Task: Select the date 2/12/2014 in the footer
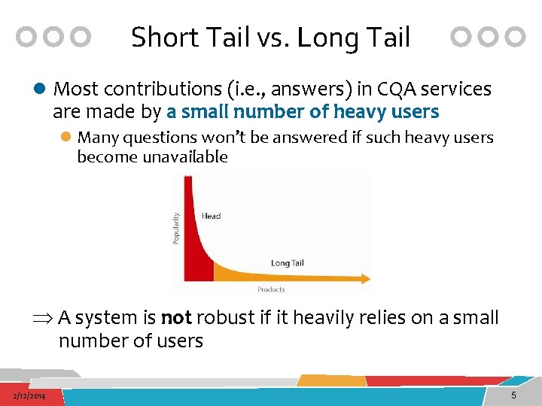[28, 395]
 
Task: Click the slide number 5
[513, 395]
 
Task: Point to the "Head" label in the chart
[211, 217]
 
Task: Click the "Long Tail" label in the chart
[287, 263]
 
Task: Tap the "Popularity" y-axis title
[177, 227]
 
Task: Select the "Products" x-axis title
[271, 289]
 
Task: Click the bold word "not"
[176, 318]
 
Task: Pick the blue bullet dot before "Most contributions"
[40, 89]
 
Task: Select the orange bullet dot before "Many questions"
[66, 138]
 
